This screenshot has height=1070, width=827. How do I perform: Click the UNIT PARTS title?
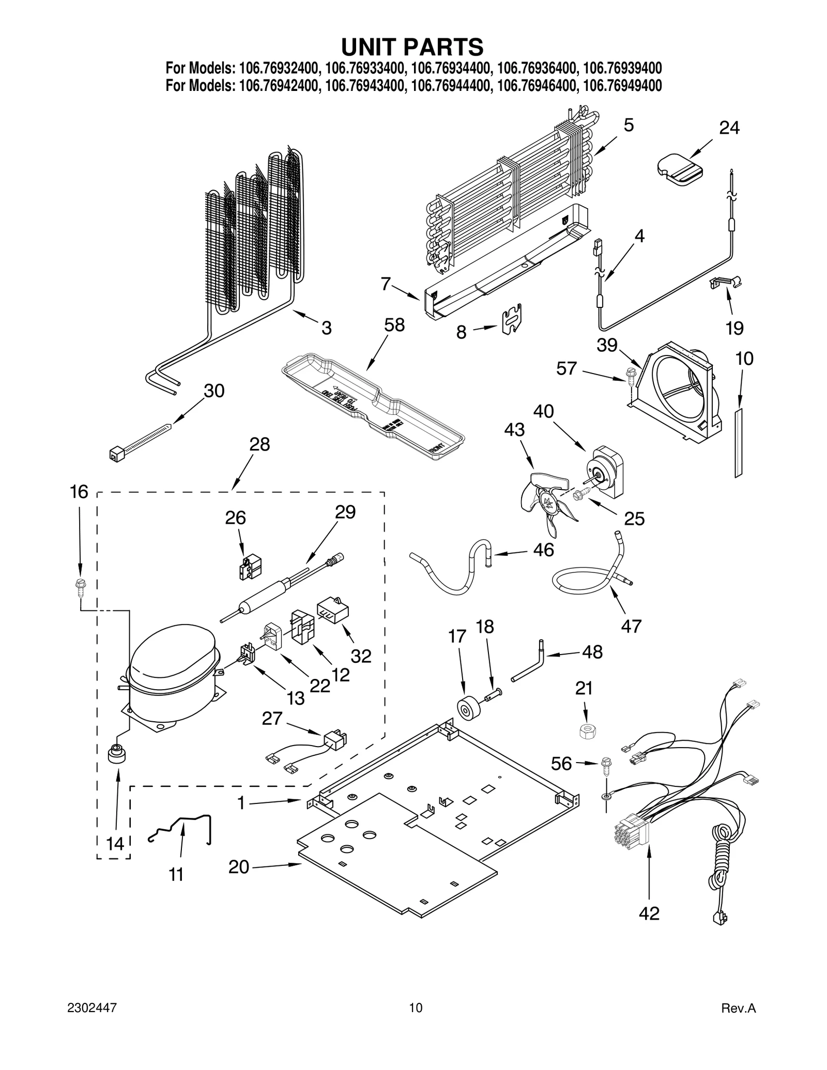(412, 47)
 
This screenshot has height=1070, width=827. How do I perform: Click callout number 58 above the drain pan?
(394, 325)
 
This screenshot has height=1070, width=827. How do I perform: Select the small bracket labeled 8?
(512, 319)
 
